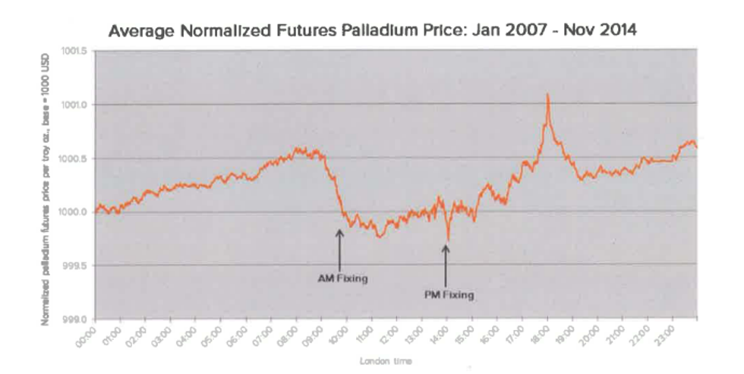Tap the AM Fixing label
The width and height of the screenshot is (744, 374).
coord(342,278)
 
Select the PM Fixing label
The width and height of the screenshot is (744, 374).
coord(449,294)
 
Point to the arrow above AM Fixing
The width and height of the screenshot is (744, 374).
coord(339,247)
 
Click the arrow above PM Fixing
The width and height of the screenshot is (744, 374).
coord(446,262)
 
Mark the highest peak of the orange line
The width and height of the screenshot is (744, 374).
coord(547,94)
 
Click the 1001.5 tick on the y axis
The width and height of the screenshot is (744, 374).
coord(76,51)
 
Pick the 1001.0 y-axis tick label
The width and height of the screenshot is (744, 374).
coord(76,105)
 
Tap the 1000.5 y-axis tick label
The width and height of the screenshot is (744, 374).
coord(76,159)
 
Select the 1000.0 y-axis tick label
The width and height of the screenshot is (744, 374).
coord(76,212)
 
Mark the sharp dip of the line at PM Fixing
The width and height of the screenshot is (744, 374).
coord(448,240)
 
